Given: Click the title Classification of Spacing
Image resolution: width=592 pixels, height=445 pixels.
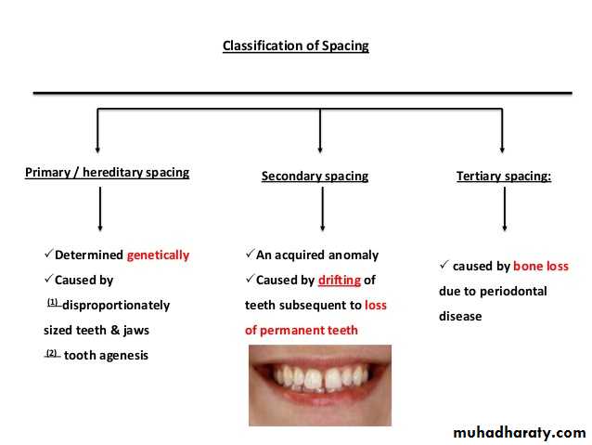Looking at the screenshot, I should (x=295, y=46).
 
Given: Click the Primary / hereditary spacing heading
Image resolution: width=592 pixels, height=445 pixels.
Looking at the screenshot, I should (x=107, y=172).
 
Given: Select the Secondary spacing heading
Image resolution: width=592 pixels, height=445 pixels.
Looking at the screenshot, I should (x=315, y=176).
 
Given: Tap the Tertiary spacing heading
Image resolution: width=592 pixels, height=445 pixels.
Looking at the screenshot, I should (x=503, y=176).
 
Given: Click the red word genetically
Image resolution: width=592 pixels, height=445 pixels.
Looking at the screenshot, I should (x=158, y=255).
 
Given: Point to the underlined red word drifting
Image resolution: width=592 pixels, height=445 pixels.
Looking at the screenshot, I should (x=339, y=280).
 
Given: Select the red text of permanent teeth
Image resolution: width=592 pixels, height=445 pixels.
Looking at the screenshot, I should (x=302, y=330).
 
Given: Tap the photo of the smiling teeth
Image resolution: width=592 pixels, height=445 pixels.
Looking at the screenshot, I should (x=319, y=384).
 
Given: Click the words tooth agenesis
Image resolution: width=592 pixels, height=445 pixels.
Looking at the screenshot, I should (x=106, y=355).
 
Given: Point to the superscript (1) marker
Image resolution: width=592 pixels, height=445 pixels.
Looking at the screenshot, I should (x=52, y=302).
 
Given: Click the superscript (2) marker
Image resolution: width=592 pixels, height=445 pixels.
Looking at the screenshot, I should (x=52, y=352).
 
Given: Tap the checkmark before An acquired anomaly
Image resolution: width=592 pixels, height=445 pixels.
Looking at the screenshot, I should (x=250, y=255).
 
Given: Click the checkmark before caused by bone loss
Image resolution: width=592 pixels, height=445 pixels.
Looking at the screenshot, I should (x=444, y=266).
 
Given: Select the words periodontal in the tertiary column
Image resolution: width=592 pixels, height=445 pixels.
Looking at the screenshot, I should (x=514, y=291).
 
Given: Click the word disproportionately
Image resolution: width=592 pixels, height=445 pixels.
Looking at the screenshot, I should (x=116, y=305).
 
